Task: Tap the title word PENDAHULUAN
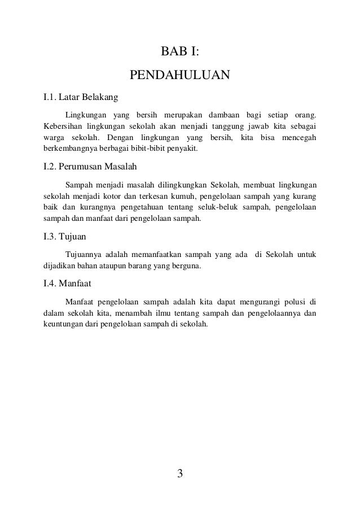[179, 75]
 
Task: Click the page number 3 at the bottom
[180, 473]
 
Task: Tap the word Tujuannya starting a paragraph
[84, 255]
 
